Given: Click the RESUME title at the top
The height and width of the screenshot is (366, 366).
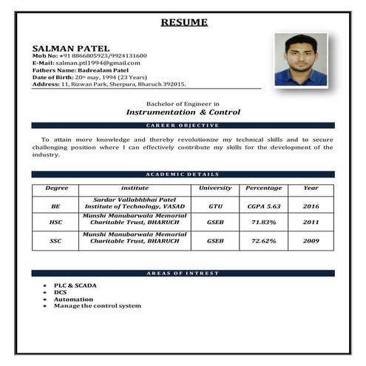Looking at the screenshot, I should click(184, 22).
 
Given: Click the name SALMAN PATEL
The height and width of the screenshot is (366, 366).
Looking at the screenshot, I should click(65, 47).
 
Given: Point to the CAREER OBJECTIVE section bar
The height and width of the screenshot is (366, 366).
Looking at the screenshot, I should click(183, 126).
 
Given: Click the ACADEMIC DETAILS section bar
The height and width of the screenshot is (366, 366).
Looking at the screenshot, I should click(183, 174).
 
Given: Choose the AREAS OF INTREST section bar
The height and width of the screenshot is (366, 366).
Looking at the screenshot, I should click(183, 274).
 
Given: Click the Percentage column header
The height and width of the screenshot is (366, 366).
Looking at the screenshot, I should click(263, 189).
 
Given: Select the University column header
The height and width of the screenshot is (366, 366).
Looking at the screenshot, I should click(215, 189).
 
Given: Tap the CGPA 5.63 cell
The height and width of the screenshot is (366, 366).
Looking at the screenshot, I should click(263, 206).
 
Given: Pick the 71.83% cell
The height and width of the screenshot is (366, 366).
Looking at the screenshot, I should click(263, 222).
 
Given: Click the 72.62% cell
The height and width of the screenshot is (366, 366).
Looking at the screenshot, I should click(263, 241).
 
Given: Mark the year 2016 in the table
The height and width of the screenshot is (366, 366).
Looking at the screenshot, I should click(311, 206).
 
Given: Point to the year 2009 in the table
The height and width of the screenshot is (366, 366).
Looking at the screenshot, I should click(311, 241).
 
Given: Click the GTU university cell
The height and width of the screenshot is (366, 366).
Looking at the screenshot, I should click(215, 206).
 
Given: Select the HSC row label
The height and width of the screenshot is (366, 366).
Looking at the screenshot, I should click(55, 222).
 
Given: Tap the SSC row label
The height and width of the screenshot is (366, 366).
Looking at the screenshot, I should click(55, 241).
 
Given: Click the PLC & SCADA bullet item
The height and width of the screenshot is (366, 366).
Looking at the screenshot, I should click(75, 285).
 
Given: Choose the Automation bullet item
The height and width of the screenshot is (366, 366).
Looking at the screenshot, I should click(73, 299).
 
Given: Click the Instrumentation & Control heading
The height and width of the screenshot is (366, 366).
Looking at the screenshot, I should click(183, 112).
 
